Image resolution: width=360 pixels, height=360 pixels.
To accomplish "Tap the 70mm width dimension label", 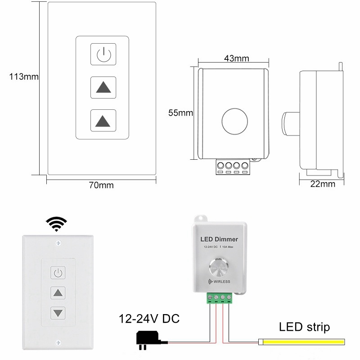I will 101,185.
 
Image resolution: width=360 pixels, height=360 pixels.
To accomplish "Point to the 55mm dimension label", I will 180,112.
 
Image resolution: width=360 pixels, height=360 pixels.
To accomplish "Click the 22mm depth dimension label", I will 323,184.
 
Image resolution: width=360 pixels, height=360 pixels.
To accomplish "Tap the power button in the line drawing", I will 103,54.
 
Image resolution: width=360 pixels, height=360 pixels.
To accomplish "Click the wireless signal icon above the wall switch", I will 57,224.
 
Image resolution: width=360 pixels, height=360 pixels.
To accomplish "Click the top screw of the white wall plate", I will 58,243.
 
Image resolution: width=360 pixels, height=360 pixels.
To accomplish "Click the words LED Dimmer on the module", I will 219,239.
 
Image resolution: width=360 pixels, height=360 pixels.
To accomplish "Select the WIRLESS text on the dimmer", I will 220,282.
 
